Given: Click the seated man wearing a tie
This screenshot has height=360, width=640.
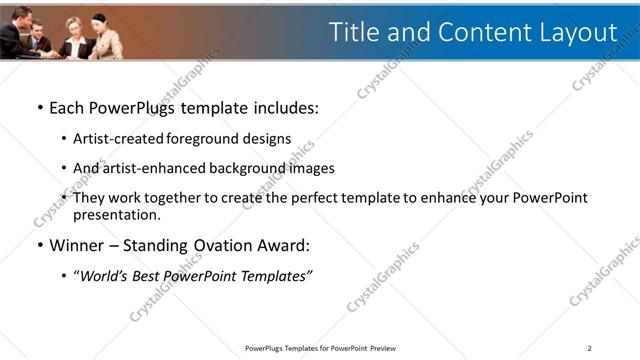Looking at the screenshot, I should (x=37, y=38).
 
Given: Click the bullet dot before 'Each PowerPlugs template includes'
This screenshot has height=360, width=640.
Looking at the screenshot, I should (x=39, y=107).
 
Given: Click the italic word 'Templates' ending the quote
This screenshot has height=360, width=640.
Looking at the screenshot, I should (x=275, y=275).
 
